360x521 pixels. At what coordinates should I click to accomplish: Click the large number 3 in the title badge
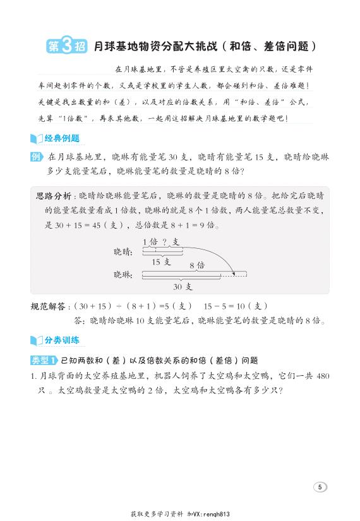(68, 45)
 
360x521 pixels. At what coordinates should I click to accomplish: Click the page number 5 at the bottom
(320, 486)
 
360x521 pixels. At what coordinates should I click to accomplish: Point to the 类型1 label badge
(44, 360)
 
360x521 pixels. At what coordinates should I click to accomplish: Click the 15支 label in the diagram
(161, 261)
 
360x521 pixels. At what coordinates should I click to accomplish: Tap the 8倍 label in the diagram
(197, 266)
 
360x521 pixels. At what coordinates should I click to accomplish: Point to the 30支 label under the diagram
(188, 286)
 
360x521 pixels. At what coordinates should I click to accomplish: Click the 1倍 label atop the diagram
(150, 242)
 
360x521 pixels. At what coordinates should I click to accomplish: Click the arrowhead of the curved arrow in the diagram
(234, 273)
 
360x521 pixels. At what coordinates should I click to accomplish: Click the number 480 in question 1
(321, 375)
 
